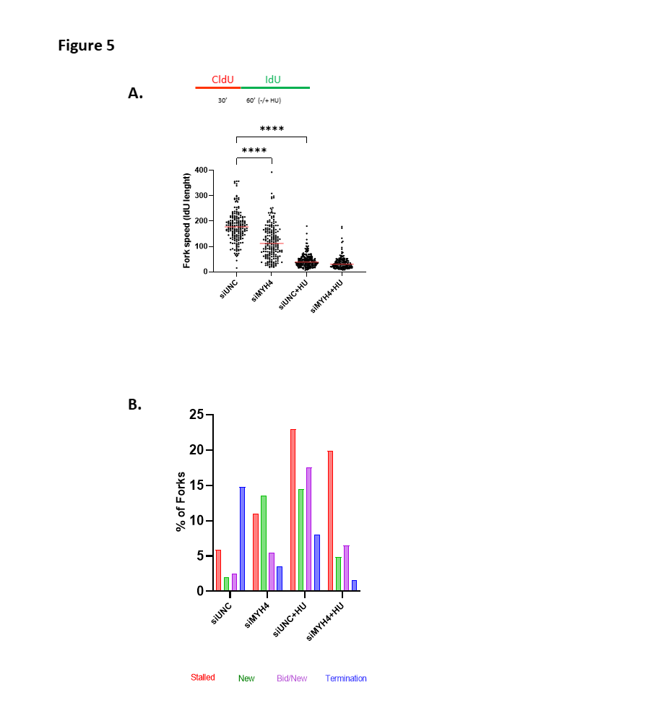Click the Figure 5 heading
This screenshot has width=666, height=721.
(86, 46)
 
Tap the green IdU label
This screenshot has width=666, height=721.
(273, 79)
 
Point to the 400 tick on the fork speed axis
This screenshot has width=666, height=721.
(201, 170)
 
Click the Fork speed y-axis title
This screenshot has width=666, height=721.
(186, 220)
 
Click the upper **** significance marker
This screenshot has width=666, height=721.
(272, 129)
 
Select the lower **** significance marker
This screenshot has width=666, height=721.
(254, 151)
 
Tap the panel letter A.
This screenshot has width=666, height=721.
(135, 92)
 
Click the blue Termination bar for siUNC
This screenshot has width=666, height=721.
(242, 539)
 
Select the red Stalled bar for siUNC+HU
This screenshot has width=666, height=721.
(293, 510)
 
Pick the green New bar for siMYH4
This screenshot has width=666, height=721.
(264, 543)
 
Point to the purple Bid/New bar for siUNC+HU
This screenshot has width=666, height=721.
(309, 530)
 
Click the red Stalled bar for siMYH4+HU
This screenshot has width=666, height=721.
(330, 521)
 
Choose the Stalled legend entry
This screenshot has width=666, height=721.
(203, 678)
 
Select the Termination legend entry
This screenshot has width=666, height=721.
(346, 678)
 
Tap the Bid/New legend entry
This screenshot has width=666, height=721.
(292, 678)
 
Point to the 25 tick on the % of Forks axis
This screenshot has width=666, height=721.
(195, 415)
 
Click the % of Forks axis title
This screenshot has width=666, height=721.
(181, 502)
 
